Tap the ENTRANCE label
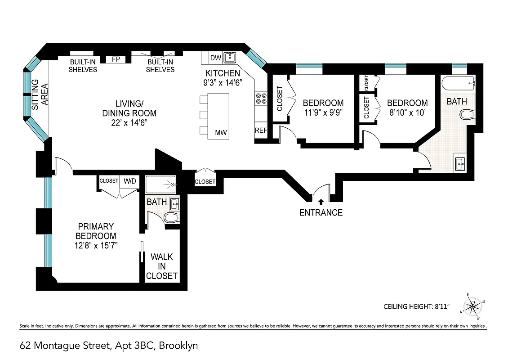321,212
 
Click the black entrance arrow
321,202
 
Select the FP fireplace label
116,59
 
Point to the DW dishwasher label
215,58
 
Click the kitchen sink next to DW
230,58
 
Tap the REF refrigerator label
261,130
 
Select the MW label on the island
220,132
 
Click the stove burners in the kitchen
261,99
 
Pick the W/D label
130,181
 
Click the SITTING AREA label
40,95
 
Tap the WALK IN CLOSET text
161,266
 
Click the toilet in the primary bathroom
171,218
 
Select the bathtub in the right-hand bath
458,83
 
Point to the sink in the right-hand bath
459,163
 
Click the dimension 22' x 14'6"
129,122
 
